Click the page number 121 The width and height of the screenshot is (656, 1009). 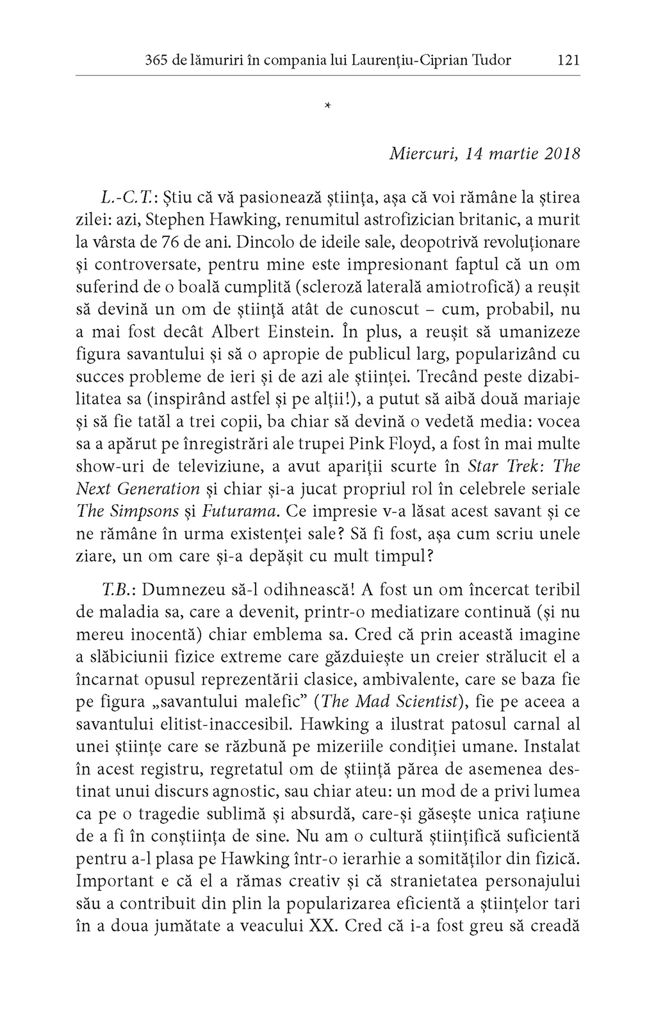pos(568,60)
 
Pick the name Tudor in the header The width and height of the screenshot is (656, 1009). pos(491,60)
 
